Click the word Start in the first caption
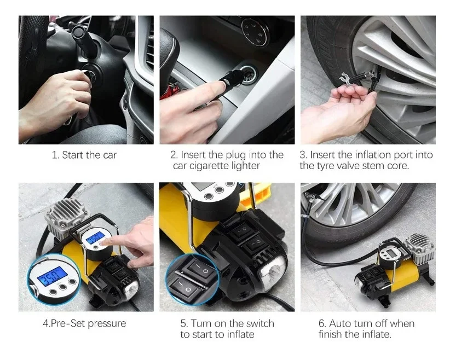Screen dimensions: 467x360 [73, 155]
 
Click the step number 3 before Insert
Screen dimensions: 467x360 [303, 155]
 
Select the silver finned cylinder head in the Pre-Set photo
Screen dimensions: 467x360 [67, 215]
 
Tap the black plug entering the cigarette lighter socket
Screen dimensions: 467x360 [233, 77]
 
